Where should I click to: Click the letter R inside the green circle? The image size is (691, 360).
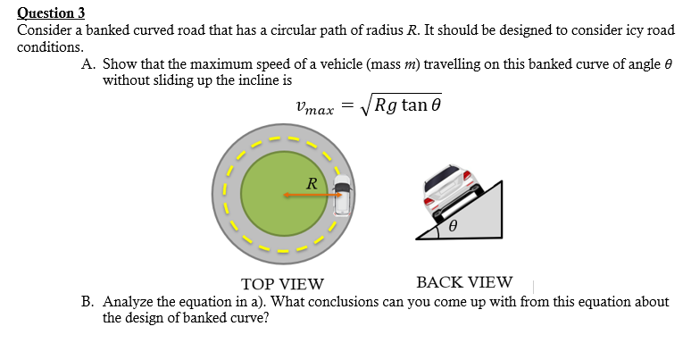[x=310, y=183]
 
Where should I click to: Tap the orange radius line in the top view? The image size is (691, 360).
[x=312, y=195]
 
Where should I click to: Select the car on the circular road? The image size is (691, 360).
[x=342, y=195]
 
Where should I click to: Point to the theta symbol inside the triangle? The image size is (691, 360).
[x=454, y=228]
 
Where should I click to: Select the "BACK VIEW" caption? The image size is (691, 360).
[x=464, y=283]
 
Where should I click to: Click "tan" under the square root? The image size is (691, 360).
[x=414, y=105]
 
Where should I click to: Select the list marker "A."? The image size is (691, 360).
[x=88, y=65]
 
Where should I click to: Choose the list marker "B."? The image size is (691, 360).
[x=88, y=302]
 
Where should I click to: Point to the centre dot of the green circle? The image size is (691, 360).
[x=285, y=195]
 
